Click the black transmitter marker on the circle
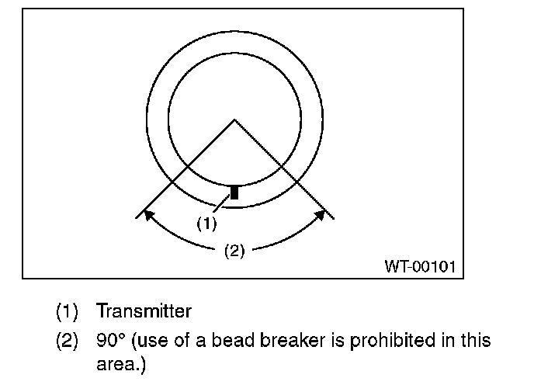pos(234,192)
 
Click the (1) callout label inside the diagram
pos(205,224)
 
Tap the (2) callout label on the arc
pos(234,250)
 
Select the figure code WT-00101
pos(420,266)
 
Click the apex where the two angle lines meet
pos(234,120)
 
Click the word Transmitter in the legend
pos(144,312)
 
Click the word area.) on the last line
pos(120,363)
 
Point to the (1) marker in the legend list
pos(68,312)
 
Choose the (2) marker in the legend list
pos(68,341)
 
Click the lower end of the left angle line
pos(137,217)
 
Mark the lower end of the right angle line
pos(333,217)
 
